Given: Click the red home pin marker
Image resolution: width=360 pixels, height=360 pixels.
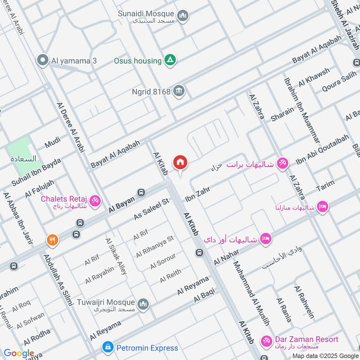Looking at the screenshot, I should (180, 162).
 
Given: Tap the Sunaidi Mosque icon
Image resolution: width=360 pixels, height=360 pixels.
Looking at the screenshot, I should (183, 17).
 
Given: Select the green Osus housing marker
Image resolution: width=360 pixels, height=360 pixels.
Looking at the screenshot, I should (170, 60).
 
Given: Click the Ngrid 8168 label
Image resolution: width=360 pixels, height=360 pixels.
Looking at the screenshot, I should (151, 92).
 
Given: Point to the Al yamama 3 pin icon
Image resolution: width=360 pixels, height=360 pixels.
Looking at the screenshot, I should (43, 60).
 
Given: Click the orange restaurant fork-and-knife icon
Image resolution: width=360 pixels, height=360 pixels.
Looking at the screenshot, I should (53, 240).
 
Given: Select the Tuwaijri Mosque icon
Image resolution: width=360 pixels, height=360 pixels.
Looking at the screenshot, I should (143, 305).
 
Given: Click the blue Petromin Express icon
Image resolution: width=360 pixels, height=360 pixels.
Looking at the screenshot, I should (108, 347).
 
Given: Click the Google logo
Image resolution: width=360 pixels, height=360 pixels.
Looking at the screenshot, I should (19, 353).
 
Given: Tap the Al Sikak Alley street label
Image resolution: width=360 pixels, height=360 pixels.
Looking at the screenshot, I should (116, 256).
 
